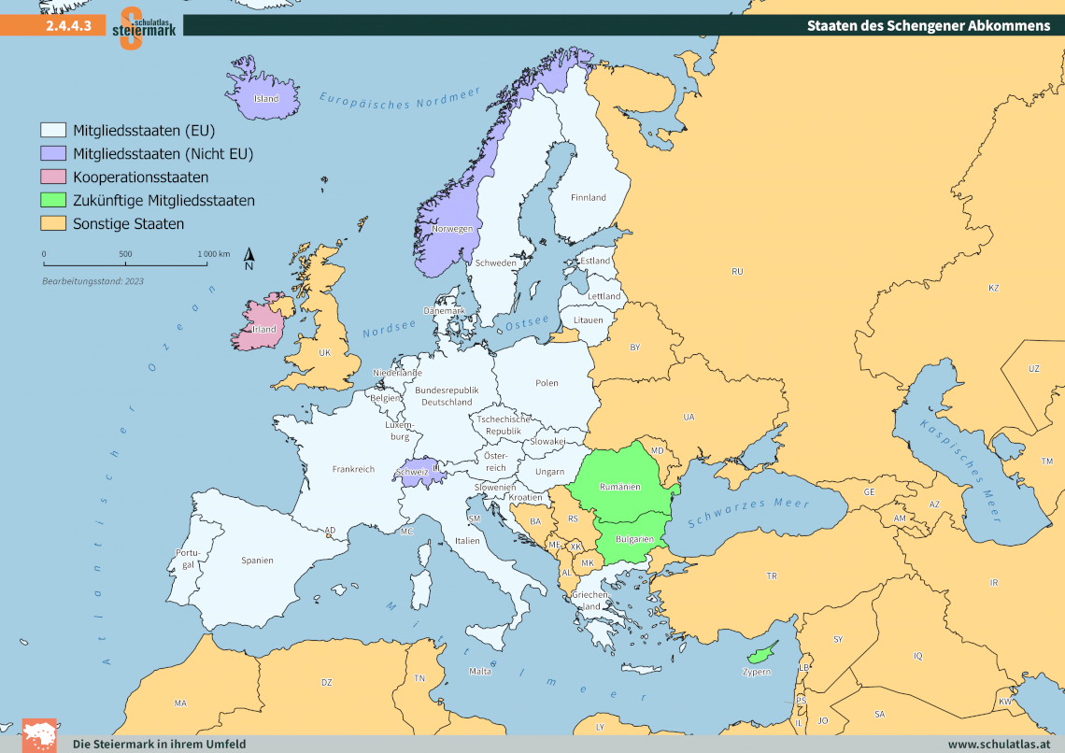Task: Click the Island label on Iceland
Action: coord(266,98)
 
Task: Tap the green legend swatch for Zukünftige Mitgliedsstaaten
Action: coord(53,200)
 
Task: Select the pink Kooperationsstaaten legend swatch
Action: coord(53,177)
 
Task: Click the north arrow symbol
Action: coord(249,259)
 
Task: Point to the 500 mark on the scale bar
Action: coord(125,254)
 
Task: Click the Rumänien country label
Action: coord(620,487)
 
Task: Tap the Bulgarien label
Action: coord(633,539)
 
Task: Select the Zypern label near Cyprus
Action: coord(757,672)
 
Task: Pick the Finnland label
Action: coord(589,197)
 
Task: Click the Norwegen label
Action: coord(452,229)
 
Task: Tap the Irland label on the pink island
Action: coord(264,329)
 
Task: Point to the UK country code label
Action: coord(325,353)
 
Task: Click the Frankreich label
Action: coord(353,469)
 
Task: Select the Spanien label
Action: coord(257,561)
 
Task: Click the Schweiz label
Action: coord(413,472)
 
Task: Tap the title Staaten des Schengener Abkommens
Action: coord(928,25)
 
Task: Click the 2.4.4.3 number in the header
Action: coord(68,26)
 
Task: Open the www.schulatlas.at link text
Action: coord(1000,744)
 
